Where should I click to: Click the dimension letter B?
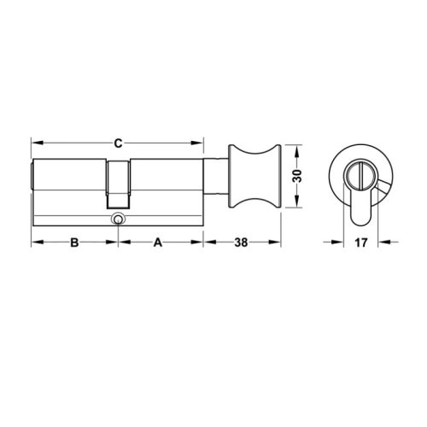[74, 243]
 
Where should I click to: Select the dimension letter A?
[158, 243]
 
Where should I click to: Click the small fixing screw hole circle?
[117, 220]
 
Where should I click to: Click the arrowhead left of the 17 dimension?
[341, 243]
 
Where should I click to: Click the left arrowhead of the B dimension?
[35, 243]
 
